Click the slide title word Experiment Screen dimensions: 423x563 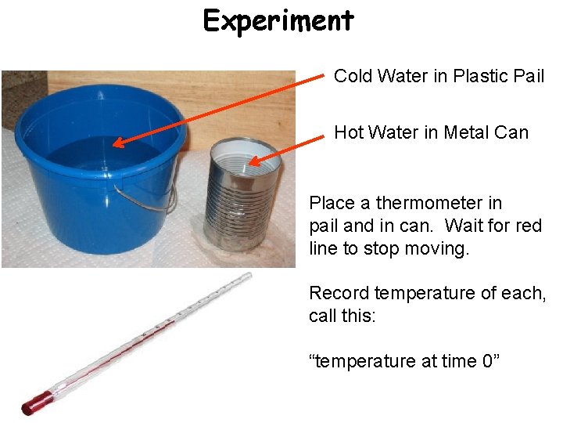[278, 20]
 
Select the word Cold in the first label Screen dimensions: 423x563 [353, 76]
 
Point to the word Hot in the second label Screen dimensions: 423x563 [348, 132]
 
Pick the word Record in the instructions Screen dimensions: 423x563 [339, 293]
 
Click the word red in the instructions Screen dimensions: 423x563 [528, 226]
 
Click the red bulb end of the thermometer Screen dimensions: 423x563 [34, 404]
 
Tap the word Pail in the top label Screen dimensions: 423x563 [529, 76]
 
